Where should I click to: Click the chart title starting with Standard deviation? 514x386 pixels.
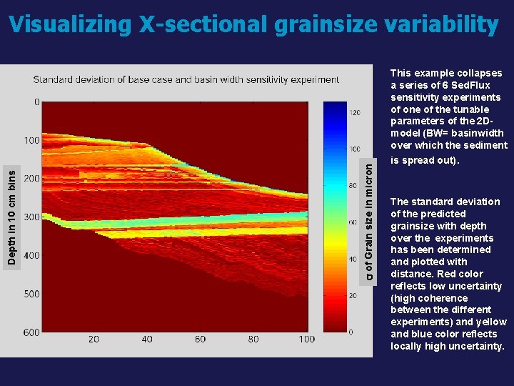(186, 79)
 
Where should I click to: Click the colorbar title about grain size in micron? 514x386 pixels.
(369, 219)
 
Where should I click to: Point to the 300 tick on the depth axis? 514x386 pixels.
(31, 217)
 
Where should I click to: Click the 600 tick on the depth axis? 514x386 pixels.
(31, 332)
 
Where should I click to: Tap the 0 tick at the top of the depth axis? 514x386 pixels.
(36, 102)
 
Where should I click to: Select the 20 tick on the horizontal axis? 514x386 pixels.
(93, 340)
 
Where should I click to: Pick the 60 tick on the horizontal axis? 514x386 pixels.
(200, 340)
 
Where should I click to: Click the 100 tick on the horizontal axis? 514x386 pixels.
(306, 340)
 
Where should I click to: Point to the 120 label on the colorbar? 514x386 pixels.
(355, 112)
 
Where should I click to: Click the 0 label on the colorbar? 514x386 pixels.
(350, 332)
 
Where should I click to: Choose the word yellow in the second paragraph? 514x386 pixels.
(491, 322)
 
